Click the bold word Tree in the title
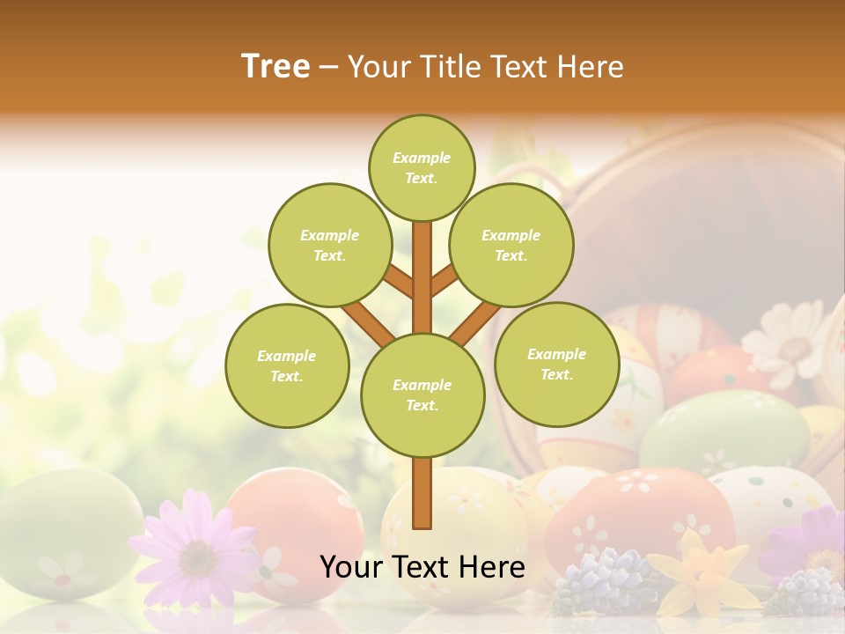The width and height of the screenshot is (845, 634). coord(276,66)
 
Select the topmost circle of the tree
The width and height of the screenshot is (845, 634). coord(422,167)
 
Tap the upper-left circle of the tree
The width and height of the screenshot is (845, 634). coord(329,245)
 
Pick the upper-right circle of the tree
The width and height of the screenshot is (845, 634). coord(511,245)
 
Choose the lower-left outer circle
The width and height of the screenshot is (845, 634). coord(286,365)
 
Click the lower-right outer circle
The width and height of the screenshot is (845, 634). coord(556,364)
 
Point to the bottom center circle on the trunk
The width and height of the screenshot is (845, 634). coord(422,394)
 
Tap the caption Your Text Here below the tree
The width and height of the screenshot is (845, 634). coord(422,567)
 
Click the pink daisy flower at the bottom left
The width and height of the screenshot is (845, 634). coord(195,550)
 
